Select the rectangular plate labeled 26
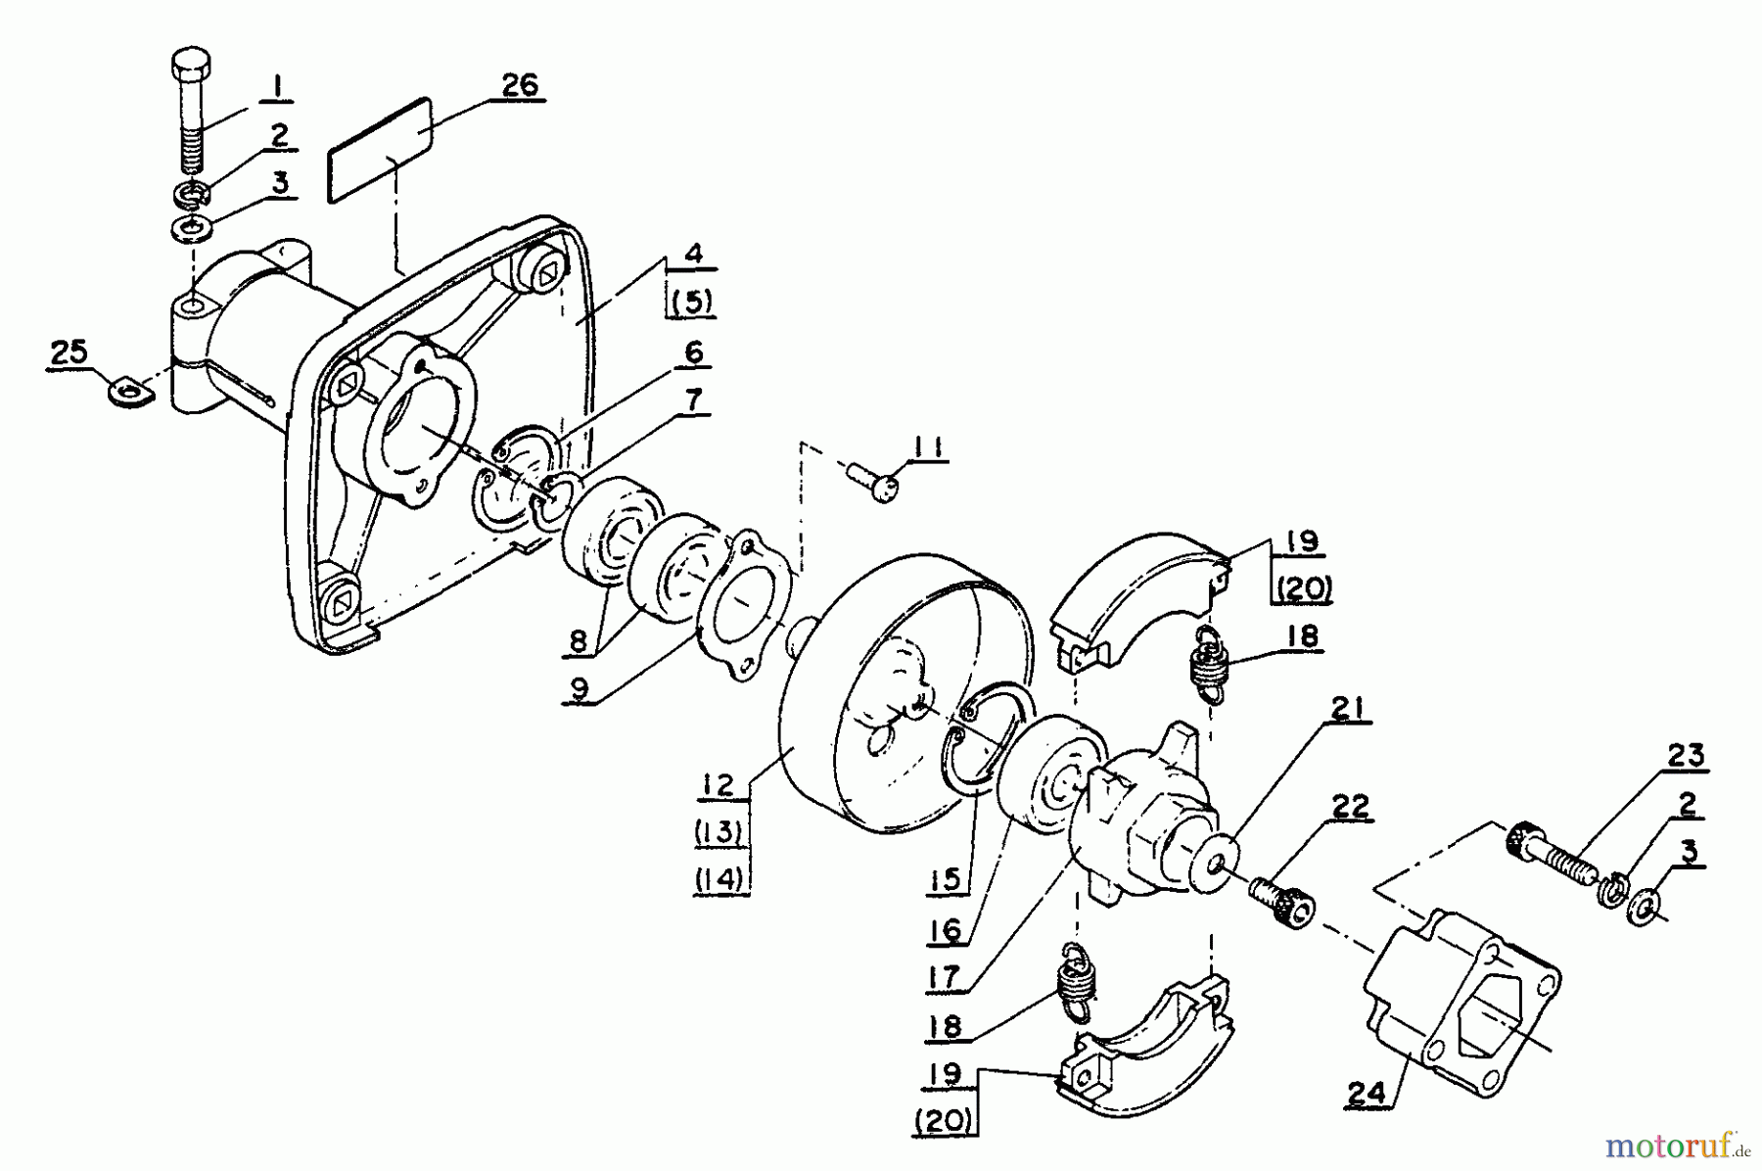point(380,149)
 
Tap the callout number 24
point(1367,1094)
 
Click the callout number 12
point(717,784)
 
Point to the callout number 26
point(520,85)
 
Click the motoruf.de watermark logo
point(1668,1144)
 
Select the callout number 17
point(944,975)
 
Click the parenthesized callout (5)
point(692,303)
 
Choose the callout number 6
point(694,352)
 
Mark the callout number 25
point(70,352)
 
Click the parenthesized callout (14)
point(721,879)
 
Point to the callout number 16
point(945,928)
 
